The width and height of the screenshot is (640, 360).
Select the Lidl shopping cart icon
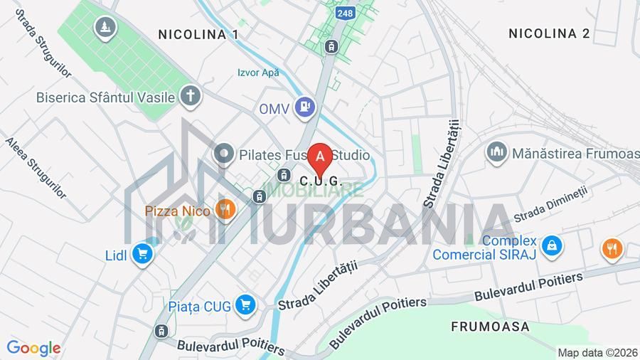(143, 253)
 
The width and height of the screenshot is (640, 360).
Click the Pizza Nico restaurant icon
(225, 210)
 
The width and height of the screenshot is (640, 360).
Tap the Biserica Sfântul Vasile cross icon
(190, 96)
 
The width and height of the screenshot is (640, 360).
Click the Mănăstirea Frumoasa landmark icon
(496, 152)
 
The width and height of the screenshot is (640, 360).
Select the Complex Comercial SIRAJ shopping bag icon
(551, 247)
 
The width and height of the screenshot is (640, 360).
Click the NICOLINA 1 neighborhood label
(198, 34)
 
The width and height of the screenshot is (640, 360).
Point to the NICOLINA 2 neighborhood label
(549, 33)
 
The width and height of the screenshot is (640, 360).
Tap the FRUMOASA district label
(491, 327)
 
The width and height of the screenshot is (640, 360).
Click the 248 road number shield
(345, 13)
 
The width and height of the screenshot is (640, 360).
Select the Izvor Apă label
(258, 73)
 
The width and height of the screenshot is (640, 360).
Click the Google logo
(33, 348)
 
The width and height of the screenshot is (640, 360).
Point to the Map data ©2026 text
(597, 352)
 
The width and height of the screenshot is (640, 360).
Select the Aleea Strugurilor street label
(36, 168)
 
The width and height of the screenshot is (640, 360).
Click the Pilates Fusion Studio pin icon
(224, 154)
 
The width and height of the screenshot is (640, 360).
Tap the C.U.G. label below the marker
(321, 181)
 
